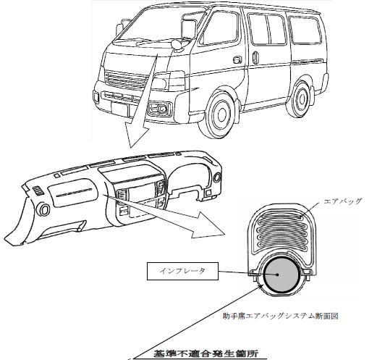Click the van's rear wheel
300,99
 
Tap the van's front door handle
237,59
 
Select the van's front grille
125,80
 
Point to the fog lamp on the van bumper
159,108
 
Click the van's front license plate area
120,109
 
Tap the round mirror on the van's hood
176,44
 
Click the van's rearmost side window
305,30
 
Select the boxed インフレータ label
182,271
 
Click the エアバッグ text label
343,201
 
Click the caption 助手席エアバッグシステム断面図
280,316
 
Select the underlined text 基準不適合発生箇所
206,353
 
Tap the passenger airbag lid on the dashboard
73,192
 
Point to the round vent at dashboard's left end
43,209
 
